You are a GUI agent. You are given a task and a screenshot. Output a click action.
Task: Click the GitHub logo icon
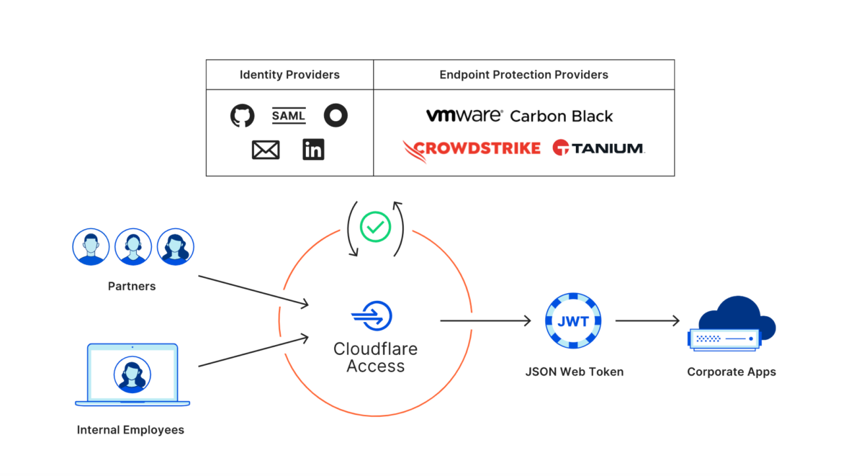pos(243,115)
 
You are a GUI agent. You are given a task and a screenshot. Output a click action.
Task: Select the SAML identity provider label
pos(289,115)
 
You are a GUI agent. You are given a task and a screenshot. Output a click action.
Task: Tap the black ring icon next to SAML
pos(336,115)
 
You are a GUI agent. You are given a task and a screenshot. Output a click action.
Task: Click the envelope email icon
pos(266,150)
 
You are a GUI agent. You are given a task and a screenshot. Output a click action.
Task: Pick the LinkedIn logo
pos(313,150)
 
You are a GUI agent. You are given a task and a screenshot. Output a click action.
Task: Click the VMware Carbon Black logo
pos(519,116)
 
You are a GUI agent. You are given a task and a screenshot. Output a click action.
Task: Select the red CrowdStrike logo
pos(472,149)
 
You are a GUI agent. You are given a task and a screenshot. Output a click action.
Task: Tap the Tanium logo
pos(598,148)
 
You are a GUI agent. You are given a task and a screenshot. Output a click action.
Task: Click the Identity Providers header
pos(289,75)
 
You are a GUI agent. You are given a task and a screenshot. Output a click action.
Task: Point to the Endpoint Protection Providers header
pos(523,75)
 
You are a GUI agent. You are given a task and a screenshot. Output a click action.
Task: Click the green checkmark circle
pos(375,227)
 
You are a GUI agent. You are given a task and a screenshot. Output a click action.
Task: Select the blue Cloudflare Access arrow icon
pos(372,316)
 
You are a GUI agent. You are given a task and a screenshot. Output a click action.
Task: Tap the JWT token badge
pos(574,321)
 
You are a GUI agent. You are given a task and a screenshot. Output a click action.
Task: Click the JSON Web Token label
pos(574,372)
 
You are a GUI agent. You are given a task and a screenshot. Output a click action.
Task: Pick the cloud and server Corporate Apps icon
pos(732,325)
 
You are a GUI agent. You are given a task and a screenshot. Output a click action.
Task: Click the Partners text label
pos(132,287)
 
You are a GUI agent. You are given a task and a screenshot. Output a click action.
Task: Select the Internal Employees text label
pos(130,431)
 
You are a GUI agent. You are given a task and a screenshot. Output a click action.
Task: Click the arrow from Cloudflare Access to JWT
pos(485,321)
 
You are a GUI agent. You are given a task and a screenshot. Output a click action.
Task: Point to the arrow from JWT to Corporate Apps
pos(647,321)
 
